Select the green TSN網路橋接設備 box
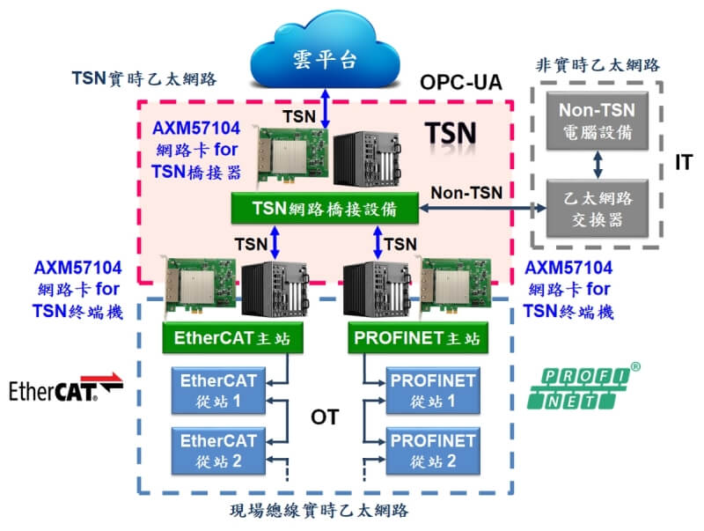tap(325, 208)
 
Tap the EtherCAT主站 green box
tap(232, 337)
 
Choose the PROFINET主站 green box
tap(418, 337)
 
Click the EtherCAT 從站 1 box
tap(218, 390)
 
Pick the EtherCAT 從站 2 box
tap(218, 451)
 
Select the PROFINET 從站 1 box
tap(433, 390)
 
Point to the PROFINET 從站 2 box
tap(433, 451)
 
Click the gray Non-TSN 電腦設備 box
tap(598, 121)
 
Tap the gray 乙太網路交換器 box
tap(598, 209)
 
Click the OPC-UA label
tap(460, 83)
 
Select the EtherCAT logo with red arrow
tap(66, 387)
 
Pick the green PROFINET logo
tap(583, 387)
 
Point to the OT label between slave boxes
tap(325, 417)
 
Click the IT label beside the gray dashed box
tap(684, 163)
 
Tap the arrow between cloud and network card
tap(325, 109)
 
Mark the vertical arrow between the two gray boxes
tap(598, 165)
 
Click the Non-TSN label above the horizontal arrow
tap(466, 193)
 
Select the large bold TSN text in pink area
tap(451, 134)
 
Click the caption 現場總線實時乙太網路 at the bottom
tap(319, 511)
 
